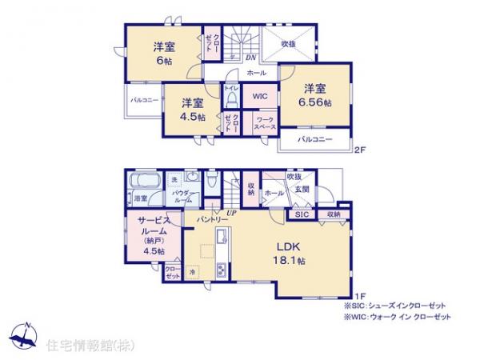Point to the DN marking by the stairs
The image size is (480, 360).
tap(250, 58)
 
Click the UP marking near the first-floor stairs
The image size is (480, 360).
tap(232, 213)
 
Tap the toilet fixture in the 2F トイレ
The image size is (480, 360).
tap(230, 101)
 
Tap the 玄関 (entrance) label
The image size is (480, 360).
tap(302, 189)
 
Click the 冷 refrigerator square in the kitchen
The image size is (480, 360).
tap(193, 273)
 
